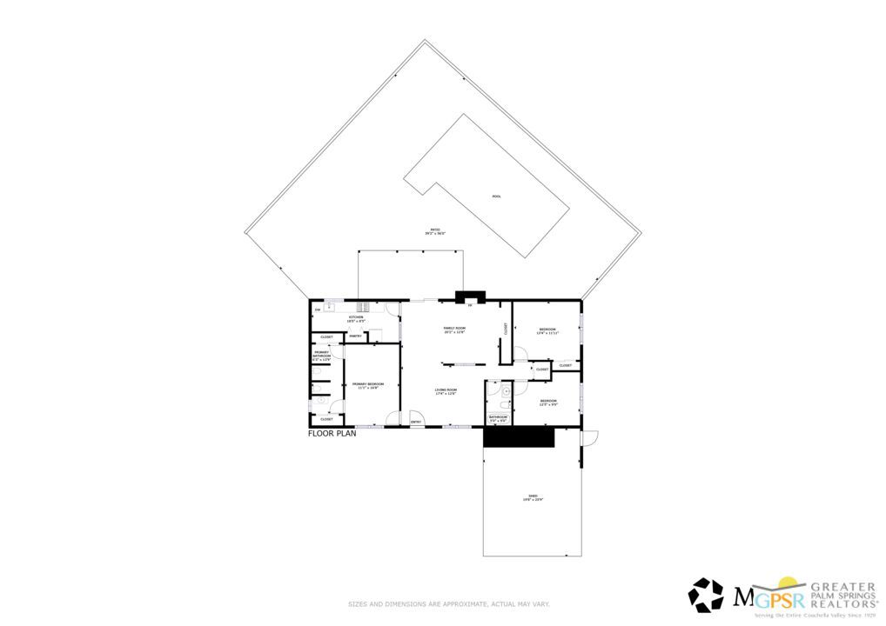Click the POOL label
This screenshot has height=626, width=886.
(496, 196)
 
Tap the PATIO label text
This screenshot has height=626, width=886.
(434, 231)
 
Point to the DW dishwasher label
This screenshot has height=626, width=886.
(318, 310)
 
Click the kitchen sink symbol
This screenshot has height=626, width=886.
(330, 307)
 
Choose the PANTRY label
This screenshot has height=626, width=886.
(355, 336)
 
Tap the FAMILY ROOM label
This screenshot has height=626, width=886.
(454, 330)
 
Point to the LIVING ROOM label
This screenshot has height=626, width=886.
(446, 391)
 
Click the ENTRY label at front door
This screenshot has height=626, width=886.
(416, 423)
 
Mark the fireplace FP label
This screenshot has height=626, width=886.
(470, 305)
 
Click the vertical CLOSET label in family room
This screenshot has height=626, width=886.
(505, 329)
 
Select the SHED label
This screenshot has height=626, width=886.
(532, 497)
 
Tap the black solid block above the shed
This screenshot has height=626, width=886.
(519, 437)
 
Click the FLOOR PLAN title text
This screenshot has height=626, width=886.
(332, 433)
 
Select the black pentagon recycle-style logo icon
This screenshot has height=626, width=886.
(706, 596)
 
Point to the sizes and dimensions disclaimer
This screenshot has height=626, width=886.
(448, 603)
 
